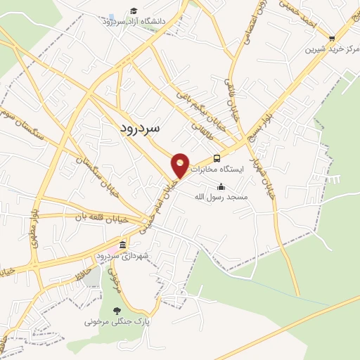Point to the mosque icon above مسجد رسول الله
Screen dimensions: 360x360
click(222, 187)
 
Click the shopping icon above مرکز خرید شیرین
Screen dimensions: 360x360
click(332, 39)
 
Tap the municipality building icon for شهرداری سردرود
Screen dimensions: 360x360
click(123, 245)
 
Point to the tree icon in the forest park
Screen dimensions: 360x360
click(117, 310)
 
